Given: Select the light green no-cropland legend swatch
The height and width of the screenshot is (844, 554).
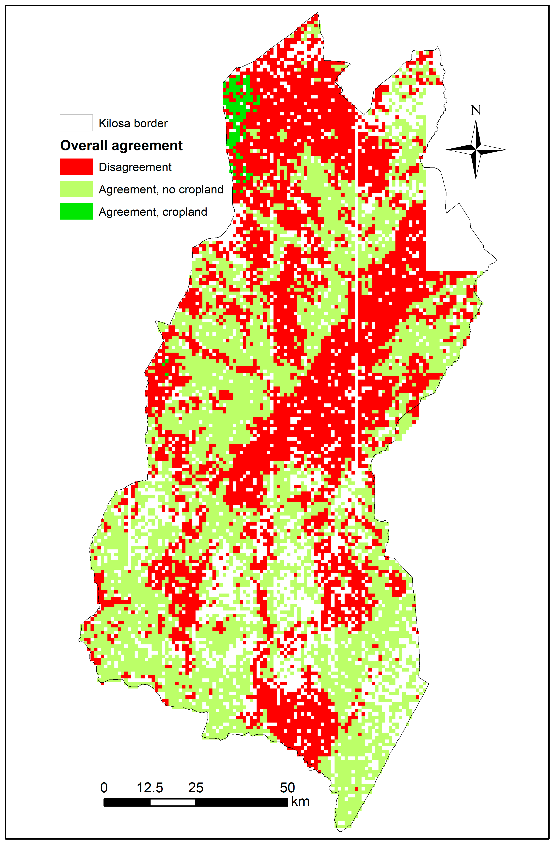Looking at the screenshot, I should (76, 189).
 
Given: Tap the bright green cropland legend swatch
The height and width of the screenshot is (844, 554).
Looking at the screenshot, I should (76, 211).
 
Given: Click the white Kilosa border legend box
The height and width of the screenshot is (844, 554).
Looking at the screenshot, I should (76, 123).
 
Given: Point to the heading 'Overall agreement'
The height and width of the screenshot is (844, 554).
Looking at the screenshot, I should (121, 145).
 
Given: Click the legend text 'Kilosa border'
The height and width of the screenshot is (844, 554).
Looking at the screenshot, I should (133, 123).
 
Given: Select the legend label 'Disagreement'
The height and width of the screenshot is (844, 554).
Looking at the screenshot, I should (135, 167).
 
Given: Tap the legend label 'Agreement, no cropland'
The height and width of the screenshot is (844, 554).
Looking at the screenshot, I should (161, 190).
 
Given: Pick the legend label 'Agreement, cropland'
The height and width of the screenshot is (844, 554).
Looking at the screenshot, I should (153, 212).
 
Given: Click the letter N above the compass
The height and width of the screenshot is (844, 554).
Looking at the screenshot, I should (476, 110).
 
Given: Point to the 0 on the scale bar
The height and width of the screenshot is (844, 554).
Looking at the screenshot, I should (104, 788).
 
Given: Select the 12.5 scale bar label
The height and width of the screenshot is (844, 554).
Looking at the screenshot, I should (150, 788).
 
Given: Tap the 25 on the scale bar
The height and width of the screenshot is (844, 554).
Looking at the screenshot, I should (196, 788).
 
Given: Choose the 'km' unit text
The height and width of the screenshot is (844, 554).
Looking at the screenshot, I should (300, 801).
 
